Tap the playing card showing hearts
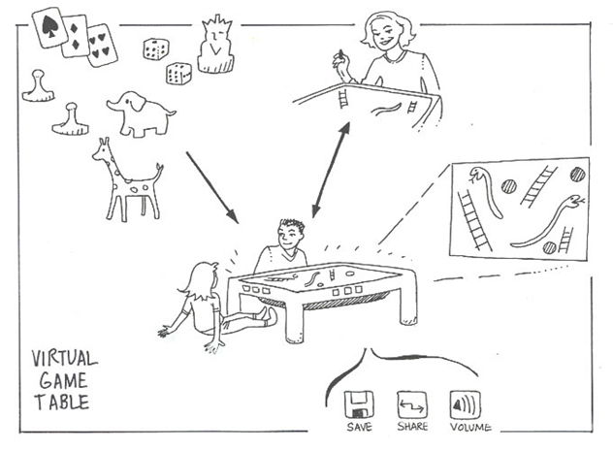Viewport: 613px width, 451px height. click(x=101, y=45)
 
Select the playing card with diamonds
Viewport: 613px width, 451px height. click(x=76, y=36)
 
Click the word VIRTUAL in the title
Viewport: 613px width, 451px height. click(x=65, y=359)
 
